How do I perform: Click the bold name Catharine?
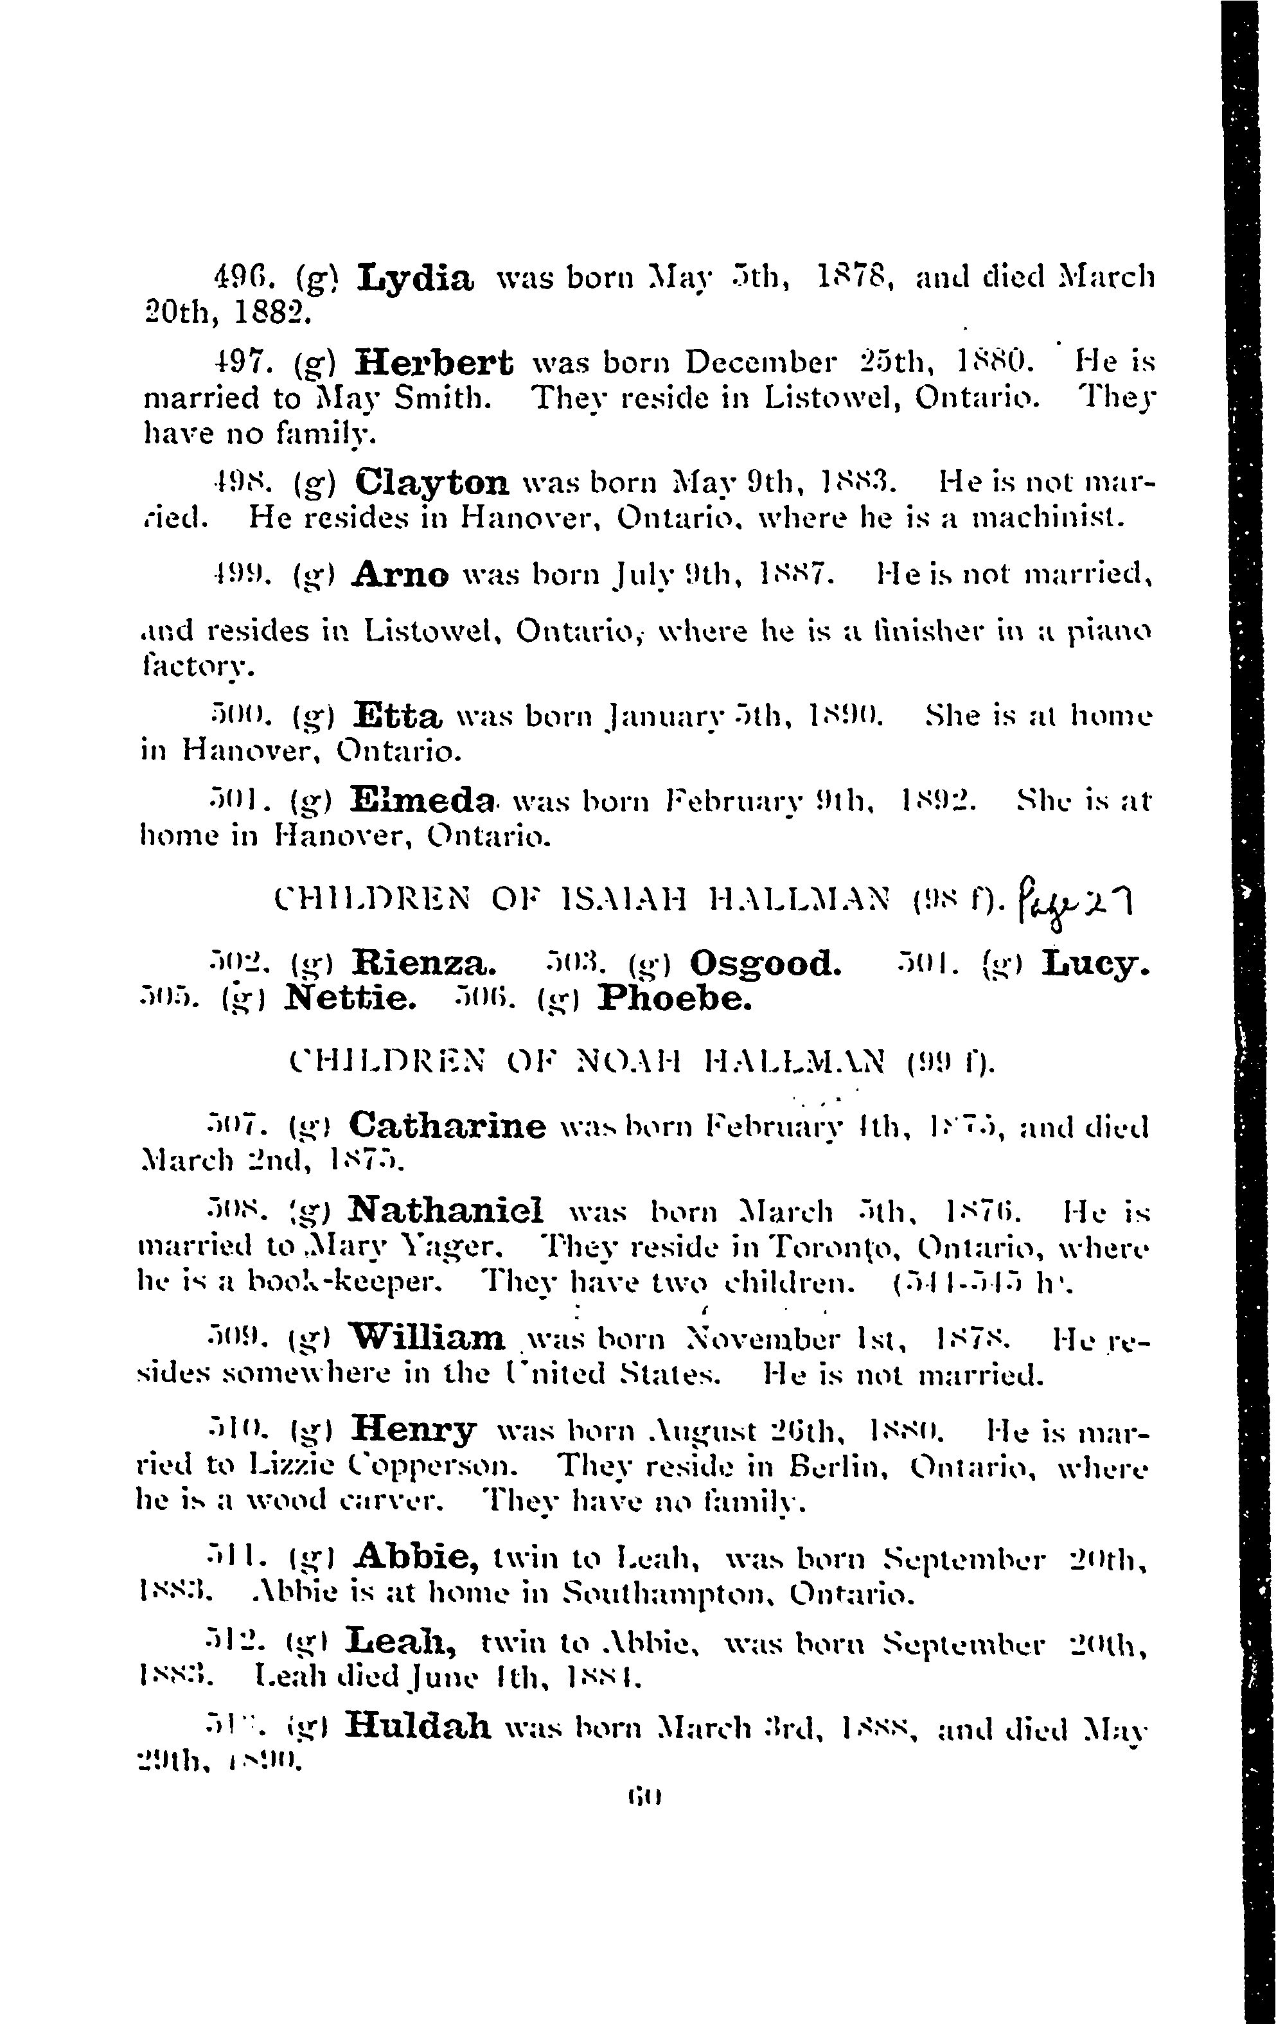coord(447,1125)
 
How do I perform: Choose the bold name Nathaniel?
coord(446,1211)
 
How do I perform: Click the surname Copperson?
coord(478,1465)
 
